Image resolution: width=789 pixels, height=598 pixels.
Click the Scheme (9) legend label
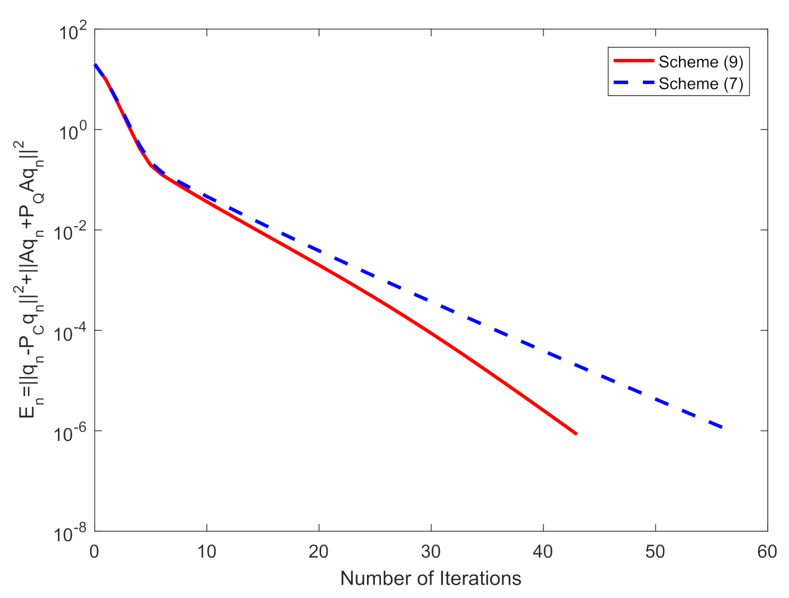700,62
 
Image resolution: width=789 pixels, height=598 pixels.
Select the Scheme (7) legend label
700,84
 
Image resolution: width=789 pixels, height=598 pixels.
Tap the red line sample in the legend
633,61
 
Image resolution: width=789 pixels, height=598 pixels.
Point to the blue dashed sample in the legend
633,83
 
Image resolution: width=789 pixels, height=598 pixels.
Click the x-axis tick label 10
207,552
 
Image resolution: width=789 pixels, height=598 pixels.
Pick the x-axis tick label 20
319,552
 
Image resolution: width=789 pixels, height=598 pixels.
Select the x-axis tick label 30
431,552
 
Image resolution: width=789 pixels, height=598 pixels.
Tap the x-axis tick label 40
543,552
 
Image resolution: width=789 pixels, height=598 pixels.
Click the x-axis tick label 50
655,552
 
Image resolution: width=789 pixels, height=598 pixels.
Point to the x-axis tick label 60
767,552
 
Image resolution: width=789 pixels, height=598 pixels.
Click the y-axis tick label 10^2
73,33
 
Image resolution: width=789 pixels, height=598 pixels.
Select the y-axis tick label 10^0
73,133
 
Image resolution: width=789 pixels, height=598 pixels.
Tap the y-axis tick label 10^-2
70,233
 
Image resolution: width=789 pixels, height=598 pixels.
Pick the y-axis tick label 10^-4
70,334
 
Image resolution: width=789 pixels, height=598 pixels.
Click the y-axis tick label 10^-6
70,434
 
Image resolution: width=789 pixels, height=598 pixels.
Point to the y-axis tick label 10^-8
70,534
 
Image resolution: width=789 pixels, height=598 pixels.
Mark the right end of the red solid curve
577,434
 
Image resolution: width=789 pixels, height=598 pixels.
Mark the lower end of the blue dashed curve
722,427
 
